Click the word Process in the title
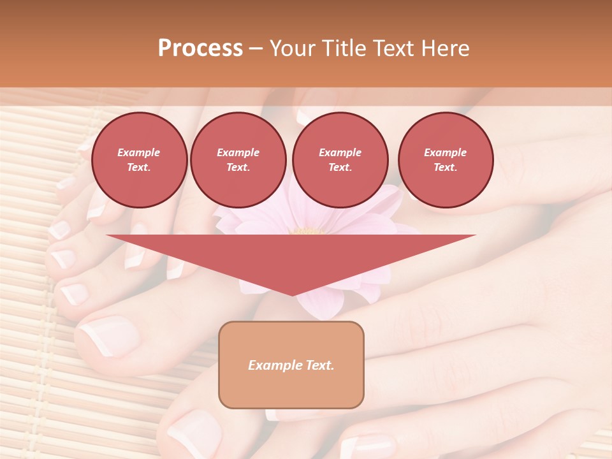click(x=200, y=48)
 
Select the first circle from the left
click(x=139, y=159)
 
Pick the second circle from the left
click(x=238, y=159)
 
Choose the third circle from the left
click(x=340, y=159)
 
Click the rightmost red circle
click(x=445, y=159)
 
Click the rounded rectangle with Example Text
click(x=291, y=365)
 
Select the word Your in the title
click(x=292, y=48)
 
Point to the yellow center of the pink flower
click(x=308, y=231)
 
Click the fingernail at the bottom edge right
click(x=367, y=446)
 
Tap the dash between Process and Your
click(x=256, y=48)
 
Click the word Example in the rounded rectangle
click(x=272, y=365)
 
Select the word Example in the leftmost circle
click(x=139, y=152)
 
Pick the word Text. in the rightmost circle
click(x=445, y=167)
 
